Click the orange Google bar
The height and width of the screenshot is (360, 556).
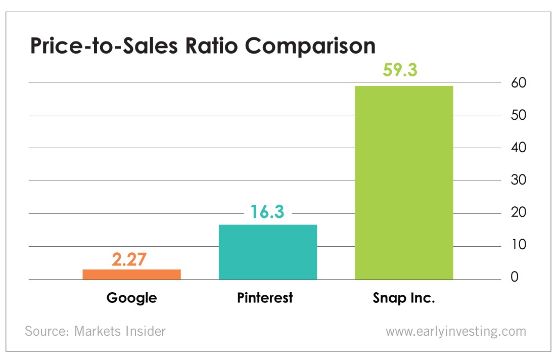(131, 275)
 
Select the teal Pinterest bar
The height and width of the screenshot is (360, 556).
(268, 252)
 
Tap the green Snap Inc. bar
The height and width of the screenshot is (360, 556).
(404, 183)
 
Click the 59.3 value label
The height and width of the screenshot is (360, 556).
(400, 70)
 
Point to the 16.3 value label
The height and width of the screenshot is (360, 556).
(267, 212)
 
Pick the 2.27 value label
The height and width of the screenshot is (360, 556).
(129, 259)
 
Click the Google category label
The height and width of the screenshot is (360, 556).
(131, 298)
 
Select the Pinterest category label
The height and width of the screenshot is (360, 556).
(265, 298)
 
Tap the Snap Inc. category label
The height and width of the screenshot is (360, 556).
(404, 298)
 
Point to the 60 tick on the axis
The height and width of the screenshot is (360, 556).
(519, 82)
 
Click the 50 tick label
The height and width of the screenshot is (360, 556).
(519, 115)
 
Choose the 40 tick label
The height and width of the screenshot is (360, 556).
(519, 147)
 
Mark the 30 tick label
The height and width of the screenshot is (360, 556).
(519, 180)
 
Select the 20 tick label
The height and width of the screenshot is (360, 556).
(519, 212)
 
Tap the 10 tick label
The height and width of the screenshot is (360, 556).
(519, 244)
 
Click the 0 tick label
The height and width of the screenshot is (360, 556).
(515, 277)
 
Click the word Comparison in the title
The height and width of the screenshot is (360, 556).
(310, 47)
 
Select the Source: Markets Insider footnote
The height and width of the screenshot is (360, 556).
(95, 331)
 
